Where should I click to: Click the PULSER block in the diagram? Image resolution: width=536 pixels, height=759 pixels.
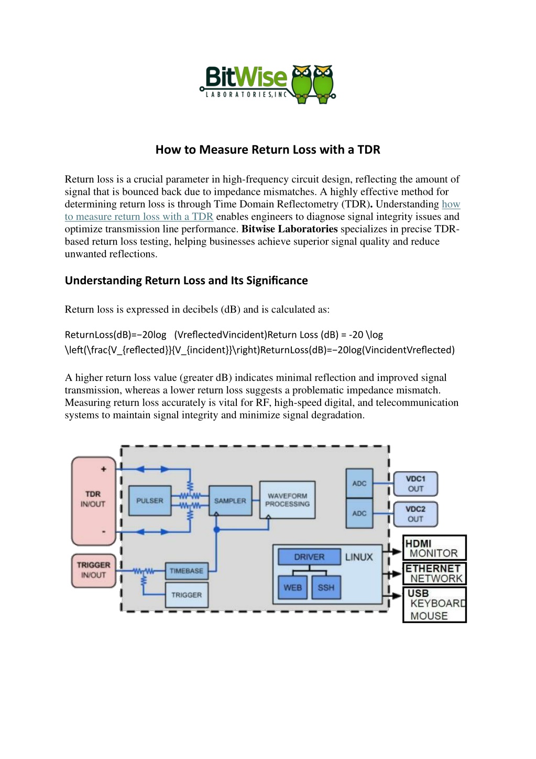click(149, 500)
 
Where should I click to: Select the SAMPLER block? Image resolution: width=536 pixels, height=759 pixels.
click(230, 500)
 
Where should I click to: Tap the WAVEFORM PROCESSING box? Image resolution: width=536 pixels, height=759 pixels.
click(287, 500)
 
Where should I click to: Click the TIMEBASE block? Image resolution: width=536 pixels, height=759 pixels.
click(187, 571)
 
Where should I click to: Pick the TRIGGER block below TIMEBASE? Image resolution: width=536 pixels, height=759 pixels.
click(187, 595)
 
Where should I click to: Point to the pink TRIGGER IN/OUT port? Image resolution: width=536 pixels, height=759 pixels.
click(93, 570)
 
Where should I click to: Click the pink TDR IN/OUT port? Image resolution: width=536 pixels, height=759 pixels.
click(93, 501)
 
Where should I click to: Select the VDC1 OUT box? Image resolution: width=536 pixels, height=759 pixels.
click(415, 484)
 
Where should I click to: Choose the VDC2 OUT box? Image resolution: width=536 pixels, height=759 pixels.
click(415, 514)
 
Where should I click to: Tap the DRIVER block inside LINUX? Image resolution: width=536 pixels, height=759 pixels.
click(309, 557)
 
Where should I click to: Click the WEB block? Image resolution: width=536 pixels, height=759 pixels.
click(293, 587)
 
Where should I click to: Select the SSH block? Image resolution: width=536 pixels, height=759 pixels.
click(326, 587)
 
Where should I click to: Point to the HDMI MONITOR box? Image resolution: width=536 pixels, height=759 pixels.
click(434, 548)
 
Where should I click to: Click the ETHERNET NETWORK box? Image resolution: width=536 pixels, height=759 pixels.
click(434, 573)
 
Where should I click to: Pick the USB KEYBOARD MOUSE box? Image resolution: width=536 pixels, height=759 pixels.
click(434, 605)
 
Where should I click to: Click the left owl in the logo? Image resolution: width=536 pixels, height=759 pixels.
click(301, 84)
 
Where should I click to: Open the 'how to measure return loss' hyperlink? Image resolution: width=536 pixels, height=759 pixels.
click(262, 210)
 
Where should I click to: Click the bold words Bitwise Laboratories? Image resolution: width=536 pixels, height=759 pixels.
click(289, 229)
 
